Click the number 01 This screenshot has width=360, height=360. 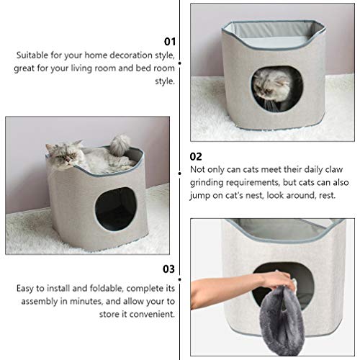pos(170,42)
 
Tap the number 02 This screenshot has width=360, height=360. pos(196,156)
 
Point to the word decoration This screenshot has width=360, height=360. pos(109,55)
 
